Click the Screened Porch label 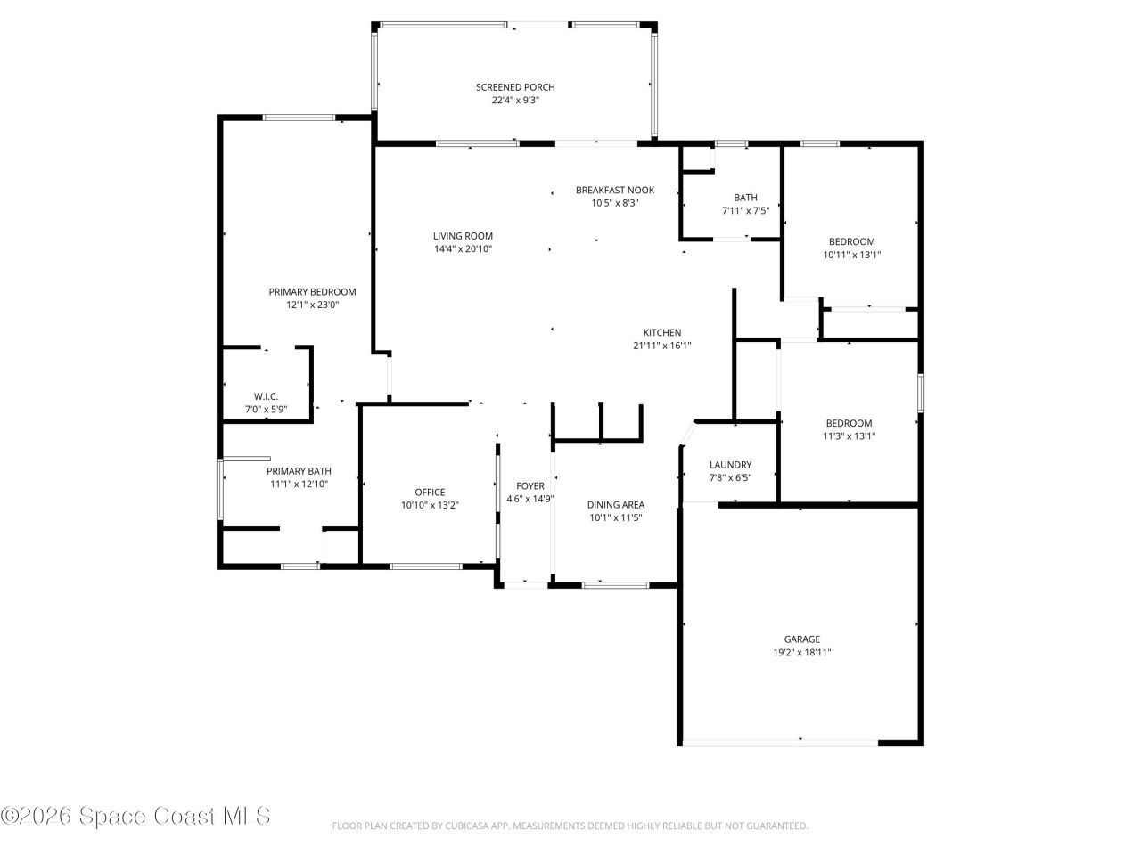click(x=514, y=87)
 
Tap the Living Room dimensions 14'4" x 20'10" click(x=463, y=249)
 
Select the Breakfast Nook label click(x=614, y=190)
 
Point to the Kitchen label click(x=662, y=332)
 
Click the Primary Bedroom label click(x=312, y=291)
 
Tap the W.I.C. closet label click(x=266, y=396)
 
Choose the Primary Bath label click(x=299, y=471)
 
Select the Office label click(x=430, y=493)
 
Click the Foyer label click(x=530, y=486)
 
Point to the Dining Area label click(x=615, y=504)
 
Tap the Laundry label click(x=730, y=465)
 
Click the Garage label click(x=801, y=639)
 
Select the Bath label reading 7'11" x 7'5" click(x=745, y=198)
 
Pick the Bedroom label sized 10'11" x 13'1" click(x=851, y=241)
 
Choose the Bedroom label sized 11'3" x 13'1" click(x=848, y=423)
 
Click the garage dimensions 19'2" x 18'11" click(x=801, y=652)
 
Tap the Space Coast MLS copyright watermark click(x=135, y=815)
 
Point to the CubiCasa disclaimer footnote click(x=570, y=826)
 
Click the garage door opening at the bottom click(x=780, y=741)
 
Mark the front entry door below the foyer click(x=523, y=584)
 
